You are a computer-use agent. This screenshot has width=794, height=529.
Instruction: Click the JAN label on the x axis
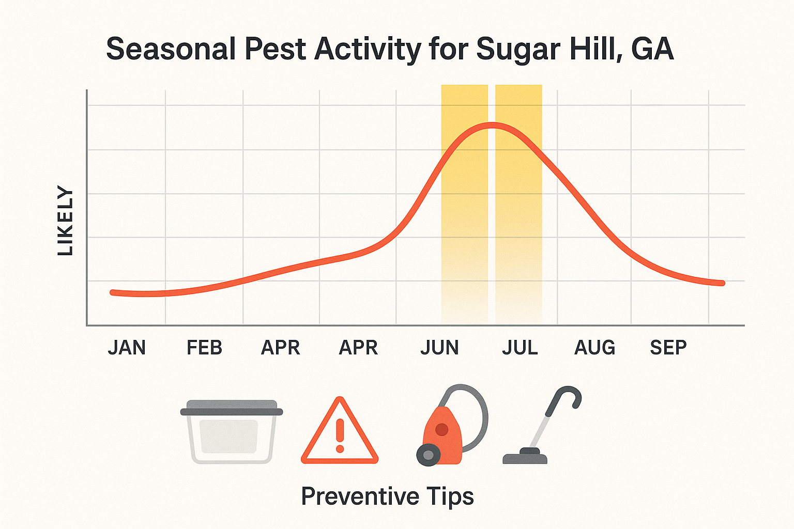(x=127, y=348)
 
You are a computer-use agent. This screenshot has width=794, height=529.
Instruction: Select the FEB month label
(x=204, y=348)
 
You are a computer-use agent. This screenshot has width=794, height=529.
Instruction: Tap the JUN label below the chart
(x=439, y=348)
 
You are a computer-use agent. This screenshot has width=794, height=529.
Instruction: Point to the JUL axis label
(x=520, y=348)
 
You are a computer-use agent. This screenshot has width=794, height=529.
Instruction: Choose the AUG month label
(x=594, y=348)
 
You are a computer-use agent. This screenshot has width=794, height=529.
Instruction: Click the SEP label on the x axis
(x=668, y=348)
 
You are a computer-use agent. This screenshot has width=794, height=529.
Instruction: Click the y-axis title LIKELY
(x=66, y=221)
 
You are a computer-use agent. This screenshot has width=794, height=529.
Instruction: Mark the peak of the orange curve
(x=491, y=125)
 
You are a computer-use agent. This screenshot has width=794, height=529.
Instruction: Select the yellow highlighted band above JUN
(x=464, y=207)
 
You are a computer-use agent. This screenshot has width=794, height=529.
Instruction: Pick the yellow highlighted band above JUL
(x=518, y=207)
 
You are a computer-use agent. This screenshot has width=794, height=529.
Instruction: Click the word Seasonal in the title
(x=171, y=50)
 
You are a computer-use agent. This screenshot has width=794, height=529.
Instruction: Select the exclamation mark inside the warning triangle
(x=340, y=435)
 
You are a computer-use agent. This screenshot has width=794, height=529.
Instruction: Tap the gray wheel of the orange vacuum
(x=428, y=455)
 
